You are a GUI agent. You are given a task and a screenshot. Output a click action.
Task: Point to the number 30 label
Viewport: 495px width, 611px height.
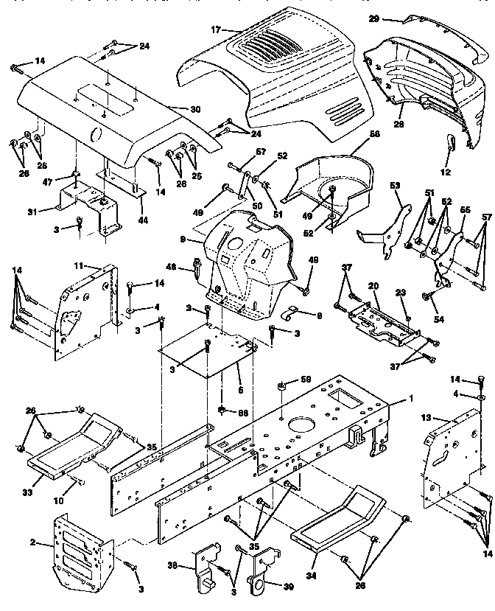click(x=194, y=109)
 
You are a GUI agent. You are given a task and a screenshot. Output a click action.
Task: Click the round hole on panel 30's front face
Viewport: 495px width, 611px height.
click(x=95, y=134)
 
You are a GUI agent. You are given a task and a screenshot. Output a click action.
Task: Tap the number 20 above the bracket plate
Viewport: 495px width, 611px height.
click(x=373, y=285)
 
